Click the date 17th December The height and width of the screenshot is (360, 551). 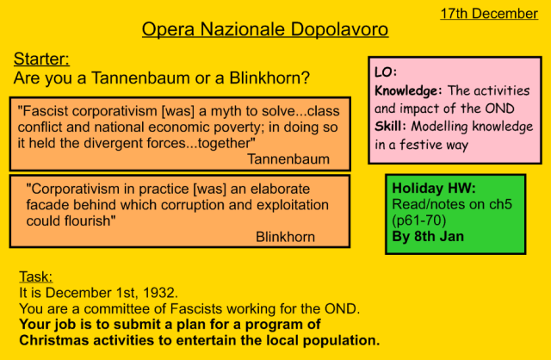(x=489, y=13)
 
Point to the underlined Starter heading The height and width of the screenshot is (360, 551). (x=41, y=59)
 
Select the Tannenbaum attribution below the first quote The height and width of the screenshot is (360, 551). (x=288, y=159)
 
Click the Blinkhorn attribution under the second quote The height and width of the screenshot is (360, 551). (x=285, y=237)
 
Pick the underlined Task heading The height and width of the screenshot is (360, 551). (x=35, y=276)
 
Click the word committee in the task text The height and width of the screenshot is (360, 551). (x=120, y=308)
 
